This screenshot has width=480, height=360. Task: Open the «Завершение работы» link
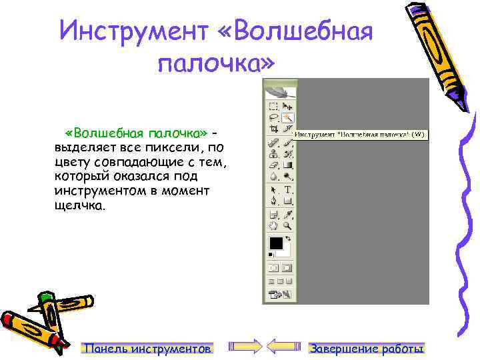pos(367,349)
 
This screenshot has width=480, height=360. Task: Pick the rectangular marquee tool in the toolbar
pos(273,106)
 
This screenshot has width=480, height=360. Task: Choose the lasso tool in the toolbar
pos(273,117)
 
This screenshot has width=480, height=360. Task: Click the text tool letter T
pos(289,190)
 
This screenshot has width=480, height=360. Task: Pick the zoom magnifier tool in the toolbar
pos(289,225)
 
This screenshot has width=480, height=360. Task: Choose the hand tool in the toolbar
pos(273,225)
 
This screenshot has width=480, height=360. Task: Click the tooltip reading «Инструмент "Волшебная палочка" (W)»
pos(359,134)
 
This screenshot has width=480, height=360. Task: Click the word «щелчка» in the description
pos(79,206)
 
